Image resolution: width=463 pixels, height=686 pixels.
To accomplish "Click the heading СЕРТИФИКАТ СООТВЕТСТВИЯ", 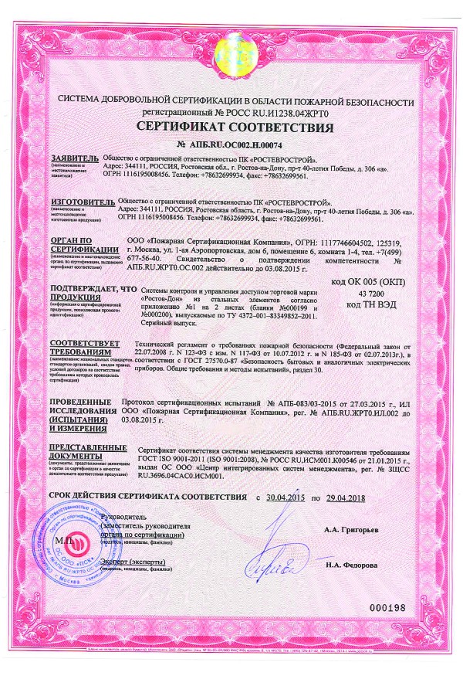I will pos(231,126).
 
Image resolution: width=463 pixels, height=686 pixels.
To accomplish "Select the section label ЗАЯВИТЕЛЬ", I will pos(75,156).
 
